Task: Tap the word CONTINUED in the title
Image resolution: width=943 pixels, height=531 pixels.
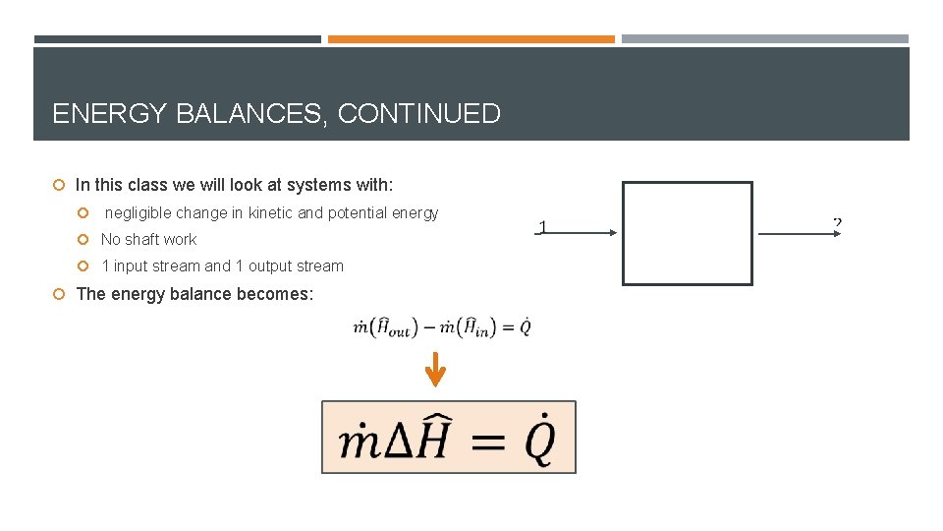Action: click(x=419, y=114)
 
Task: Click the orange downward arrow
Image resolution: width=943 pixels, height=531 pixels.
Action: click(x=435, y=372)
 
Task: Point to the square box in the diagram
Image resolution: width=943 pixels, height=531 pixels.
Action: click(x=688, y=233)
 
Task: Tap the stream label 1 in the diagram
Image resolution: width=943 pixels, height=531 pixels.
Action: click(x=542, y=228)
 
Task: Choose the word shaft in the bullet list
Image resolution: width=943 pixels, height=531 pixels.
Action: click(x=142, y=240)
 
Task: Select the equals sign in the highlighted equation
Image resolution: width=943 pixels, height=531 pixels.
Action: click(x=488, y=443)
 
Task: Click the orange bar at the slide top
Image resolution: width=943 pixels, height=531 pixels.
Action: click(x=471, y=39)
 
